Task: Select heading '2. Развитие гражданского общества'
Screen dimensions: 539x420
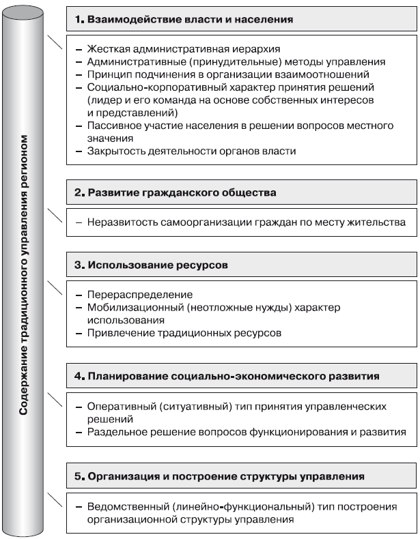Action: coord(176,193)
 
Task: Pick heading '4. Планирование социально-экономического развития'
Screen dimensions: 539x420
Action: coord(227,376)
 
